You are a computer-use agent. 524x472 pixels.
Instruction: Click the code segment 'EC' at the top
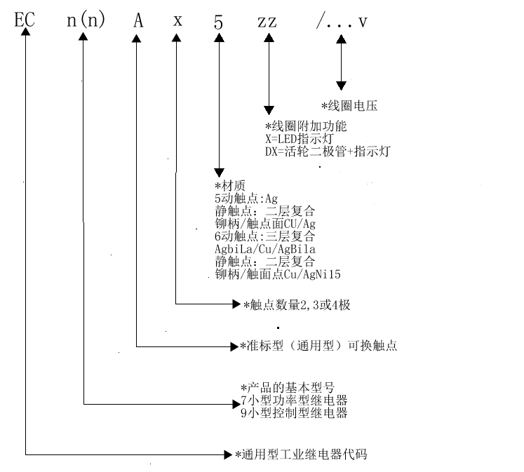(x=25, y=20)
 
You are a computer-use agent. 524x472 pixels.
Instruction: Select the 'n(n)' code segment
(x=86, y=20)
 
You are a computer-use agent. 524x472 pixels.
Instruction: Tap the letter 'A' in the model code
(x=138, y=20)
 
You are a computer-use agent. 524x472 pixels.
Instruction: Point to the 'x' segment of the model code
(x=177, y=21)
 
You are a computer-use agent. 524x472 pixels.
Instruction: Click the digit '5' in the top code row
(x=218, y=22)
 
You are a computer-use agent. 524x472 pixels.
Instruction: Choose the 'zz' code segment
(x=267, y=22)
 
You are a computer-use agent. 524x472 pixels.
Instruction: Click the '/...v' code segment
(x=342, y=21)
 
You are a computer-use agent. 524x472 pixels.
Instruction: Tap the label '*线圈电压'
(x=349, y=106)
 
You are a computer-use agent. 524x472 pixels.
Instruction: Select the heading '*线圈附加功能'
(x=306, y=126)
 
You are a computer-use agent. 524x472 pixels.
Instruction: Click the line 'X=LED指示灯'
(x=299, y=139)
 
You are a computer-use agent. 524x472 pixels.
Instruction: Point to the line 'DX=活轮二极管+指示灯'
(x=328, y=151)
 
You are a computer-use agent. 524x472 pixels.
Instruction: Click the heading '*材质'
(x=230, y=185)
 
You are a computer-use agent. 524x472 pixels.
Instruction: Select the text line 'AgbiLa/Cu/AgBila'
(x=265, y=249)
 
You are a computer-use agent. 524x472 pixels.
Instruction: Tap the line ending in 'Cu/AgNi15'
(x=278, y=274)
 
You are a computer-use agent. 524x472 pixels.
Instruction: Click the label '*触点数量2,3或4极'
(x=297, y=305)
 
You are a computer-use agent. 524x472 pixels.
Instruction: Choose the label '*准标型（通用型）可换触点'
(x=318, y=345)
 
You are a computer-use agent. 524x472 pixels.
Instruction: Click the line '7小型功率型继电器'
(x=294, y=400)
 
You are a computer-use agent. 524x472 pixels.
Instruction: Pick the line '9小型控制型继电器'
(x=294, y=413)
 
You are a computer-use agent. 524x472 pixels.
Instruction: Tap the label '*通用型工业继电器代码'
(x=301, y=454)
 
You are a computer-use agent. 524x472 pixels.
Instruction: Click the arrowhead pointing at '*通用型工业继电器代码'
(x=228, y=454)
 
